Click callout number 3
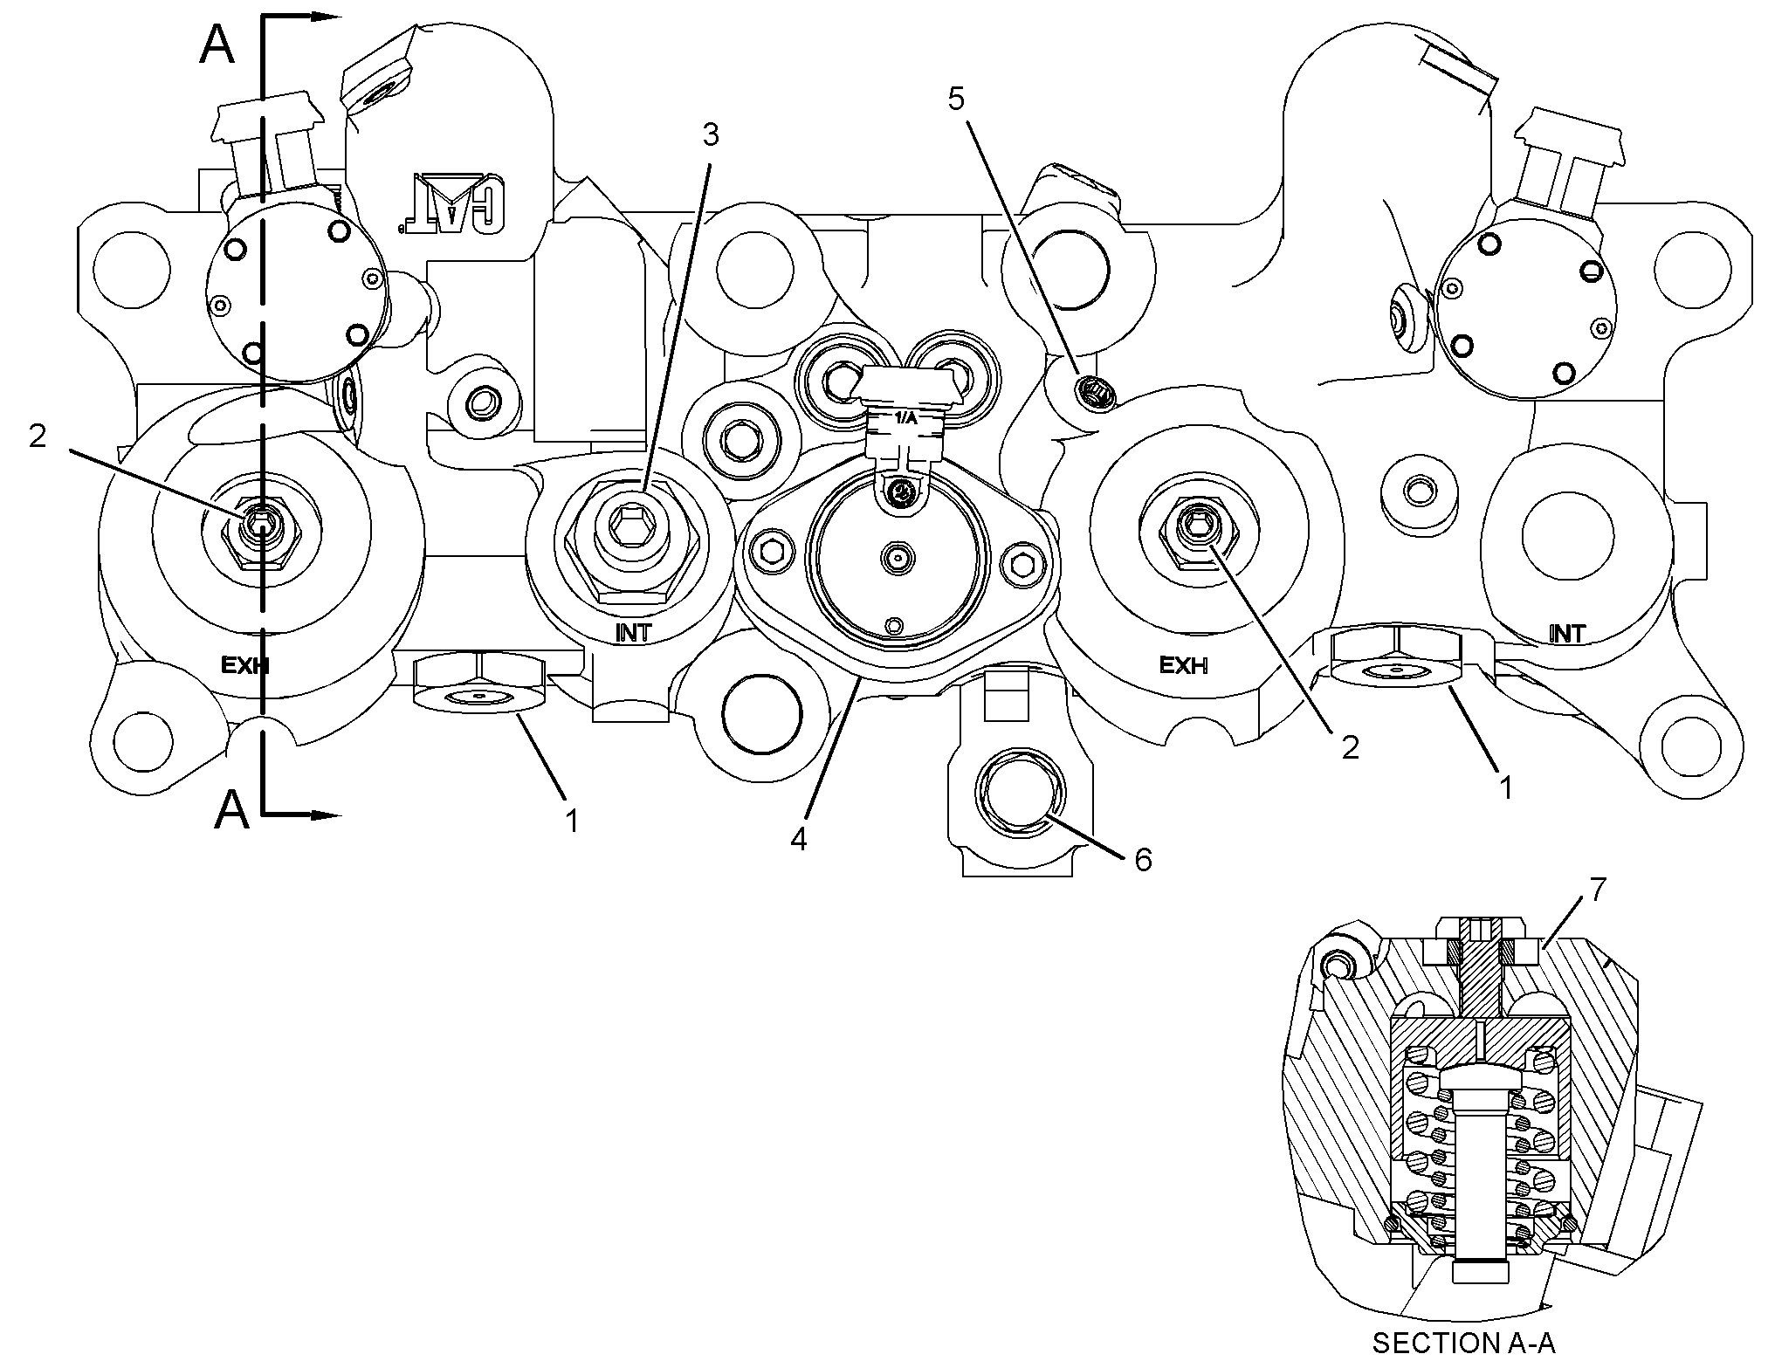pyautogui.click(x=711, y=135)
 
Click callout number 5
pyautogui.click(x=957, y=100)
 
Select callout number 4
pyautogui.click(x=798, y=839)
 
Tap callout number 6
pyautogui.click(x=1143, y=860)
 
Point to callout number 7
pyautogui.click(x=1597, y=890)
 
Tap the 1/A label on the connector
pyautogui.click(x=905, y=418)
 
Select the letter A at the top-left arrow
pyautogui.click(x=217, y=45)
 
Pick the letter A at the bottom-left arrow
pyautogui.click(x=232, y=809)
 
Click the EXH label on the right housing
pyautogui.click(x=1183, y=665)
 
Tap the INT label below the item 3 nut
pyautogui.click(x=633, y=633)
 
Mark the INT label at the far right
pyautogui.click(x=1566, y=634)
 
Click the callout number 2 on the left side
pyautogui.click(x=38, y=436)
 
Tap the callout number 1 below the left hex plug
pyautogui.click(x=572, y=821)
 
